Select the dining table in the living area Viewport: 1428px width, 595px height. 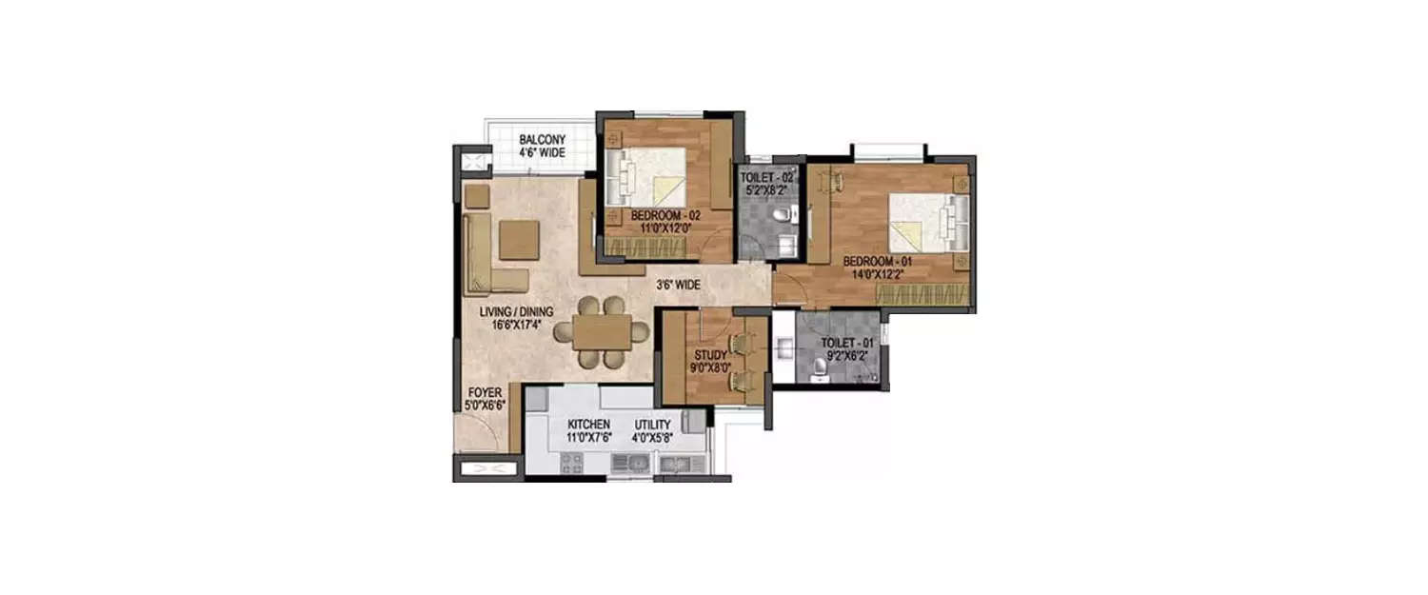602,331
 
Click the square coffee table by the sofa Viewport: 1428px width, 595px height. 519,240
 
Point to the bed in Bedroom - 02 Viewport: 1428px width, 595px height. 647,175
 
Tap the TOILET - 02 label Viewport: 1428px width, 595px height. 767,178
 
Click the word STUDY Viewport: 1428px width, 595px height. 709,356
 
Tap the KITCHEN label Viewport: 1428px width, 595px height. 588,425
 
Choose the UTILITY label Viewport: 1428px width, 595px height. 653,425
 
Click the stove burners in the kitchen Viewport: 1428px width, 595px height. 571,463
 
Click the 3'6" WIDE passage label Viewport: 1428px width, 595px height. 679,284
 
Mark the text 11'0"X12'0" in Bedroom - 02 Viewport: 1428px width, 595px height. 664,229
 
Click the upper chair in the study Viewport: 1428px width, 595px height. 739,343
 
